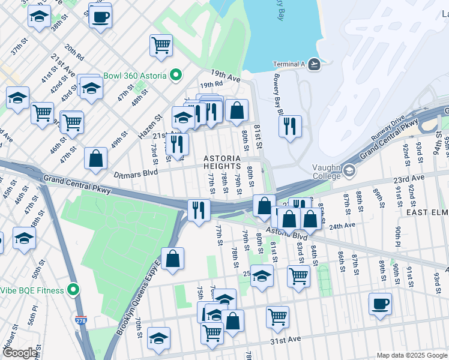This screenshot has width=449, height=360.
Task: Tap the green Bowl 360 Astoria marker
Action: click(176, 76)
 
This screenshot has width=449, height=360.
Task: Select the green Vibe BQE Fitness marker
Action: click(73, 290)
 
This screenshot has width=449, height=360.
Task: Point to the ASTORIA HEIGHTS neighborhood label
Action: click(221, 163)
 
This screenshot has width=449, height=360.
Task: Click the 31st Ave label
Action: click(285, 340)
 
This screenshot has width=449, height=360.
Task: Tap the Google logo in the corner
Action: click(19, 353)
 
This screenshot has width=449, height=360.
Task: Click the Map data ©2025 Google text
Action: click(412, 355)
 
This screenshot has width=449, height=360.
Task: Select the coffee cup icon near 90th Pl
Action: click(380, 304)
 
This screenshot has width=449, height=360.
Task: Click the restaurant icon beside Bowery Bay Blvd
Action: click(290, 126)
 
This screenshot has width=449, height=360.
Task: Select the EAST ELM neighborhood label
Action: click(426, 212)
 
